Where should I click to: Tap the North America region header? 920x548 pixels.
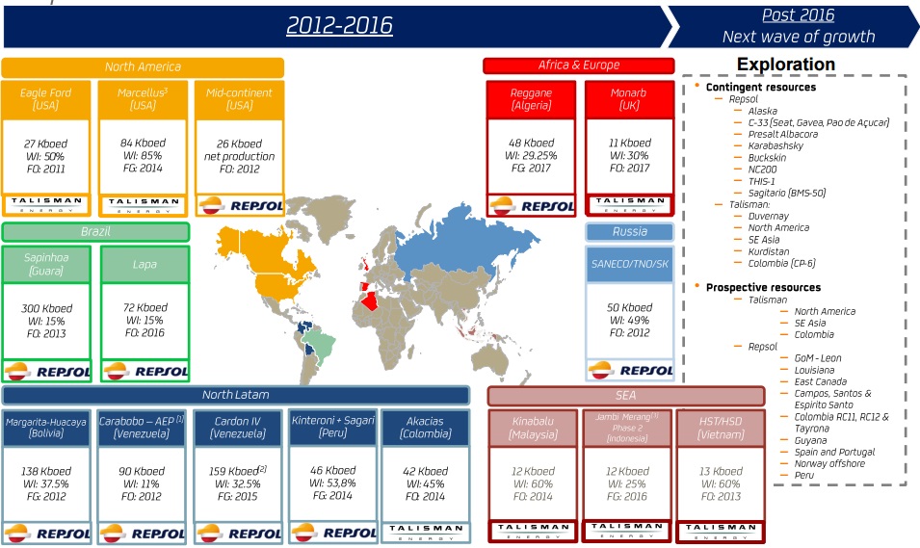tap(143, 67)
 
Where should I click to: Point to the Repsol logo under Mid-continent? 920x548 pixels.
tap(239, 205)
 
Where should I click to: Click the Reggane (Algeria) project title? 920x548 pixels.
tap(531, 99)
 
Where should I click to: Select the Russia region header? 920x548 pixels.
tap(630, 231)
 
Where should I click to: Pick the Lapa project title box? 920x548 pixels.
tap(145, 265)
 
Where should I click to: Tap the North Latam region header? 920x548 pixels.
tap(235, 395)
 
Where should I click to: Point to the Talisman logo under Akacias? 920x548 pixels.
tap(425, 532)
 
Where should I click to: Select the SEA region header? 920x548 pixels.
tap(627, 395)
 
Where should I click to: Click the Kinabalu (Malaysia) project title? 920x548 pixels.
tap(532, 428)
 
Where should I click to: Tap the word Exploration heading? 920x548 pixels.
tap(785, 65)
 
